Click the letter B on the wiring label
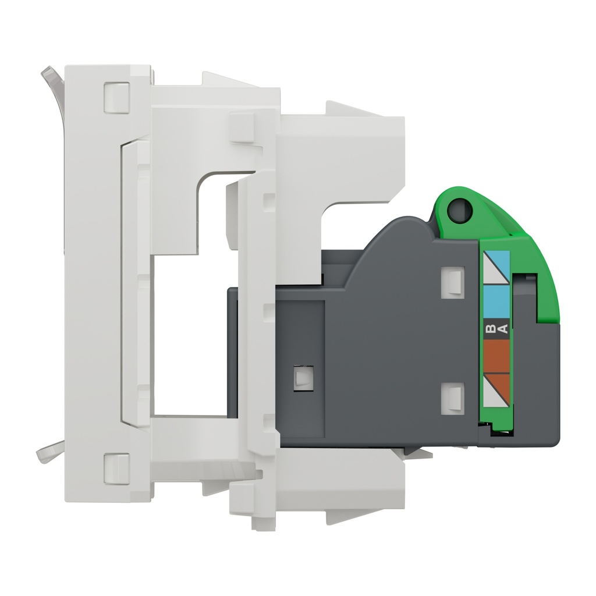tap(489, 330)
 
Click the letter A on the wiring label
tap(503, 330)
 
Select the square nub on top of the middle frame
tap(241, 127)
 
